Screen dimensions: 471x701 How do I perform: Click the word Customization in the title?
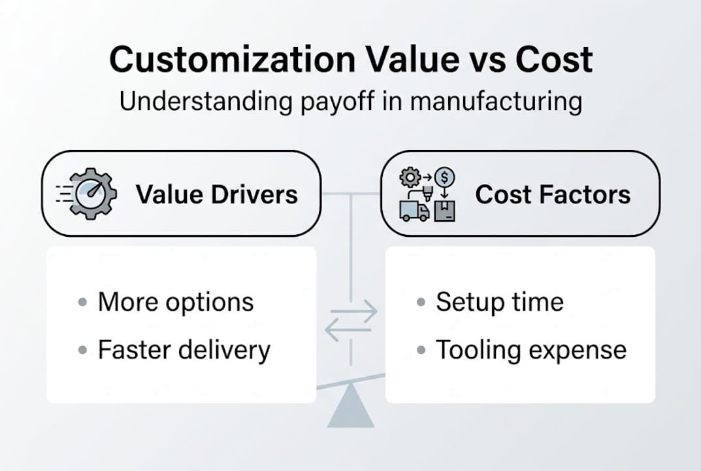[225, 60]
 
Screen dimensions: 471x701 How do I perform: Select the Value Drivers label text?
[216, 194]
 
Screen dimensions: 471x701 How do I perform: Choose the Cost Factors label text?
[553, 194]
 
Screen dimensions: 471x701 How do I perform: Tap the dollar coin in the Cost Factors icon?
[445, 177]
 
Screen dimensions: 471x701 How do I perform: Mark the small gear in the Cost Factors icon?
[411, 177]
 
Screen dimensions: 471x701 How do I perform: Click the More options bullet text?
[175, 302]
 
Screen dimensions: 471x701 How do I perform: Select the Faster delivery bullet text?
[184, 350]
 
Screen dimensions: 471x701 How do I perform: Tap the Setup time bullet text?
[499, 302]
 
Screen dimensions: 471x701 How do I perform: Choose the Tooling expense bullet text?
[531, 350]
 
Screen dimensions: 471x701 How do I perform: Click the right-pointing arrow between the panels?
[355, 311]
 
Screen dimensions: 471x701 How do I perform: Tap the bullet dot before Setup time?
[421, 303]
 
